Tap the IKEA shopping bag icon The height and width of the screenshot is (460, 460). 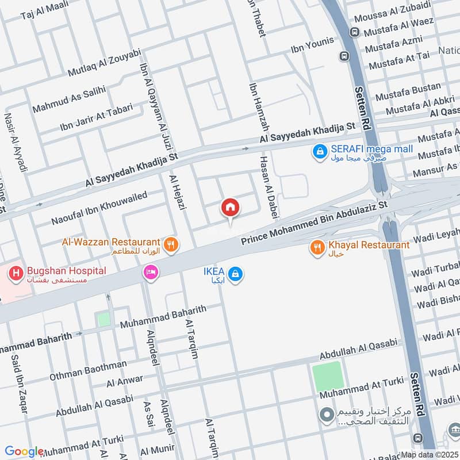(235, 275)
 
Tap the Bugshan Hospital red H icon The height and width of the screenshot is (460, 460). (16, 273)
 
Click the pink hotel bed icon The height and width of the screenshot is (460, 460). (151, 272)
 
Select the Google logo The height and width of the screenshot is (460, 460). (24, 451)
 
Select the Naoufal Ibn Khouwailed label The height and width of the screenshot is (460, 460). (99, 208)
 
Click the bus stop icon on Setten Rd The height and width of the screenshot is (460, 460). (344, 56)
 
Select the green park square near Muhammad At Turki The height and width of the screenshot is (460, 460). (328, 377)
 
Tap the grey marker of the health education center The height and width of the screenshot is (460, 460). (327, 414)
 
